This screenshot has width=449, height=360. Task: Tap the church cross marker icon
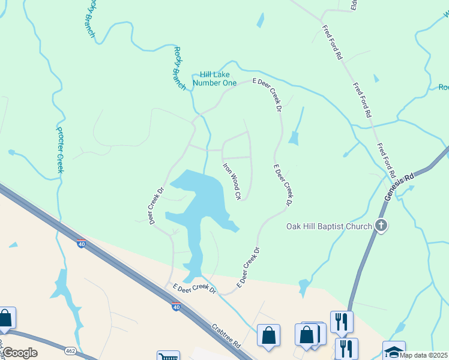click(381, 226)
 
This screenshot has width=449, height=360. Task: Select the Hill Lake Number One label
click(214, 79)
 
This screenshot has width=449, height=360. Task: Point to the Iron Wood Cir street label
click(232, 181)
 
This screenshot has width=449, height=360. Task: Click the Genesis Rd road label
click(400, 185)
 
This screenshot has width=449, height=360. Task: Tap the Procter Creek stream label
click(60, 149)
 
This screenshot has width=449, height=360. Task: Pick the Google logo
click(19, 353)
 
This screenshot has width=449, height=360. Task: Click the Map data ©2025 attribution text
click(423, 355)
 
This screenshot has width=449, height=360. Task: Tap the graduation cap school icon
click(394, 351)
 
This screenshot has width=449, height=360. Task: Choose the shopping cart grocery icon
click(167, 356)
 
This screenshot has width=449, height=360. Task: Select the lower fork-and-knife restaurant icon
click(346, 347)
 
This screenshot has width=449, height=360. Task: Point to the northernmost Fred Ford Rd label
click(331, 43)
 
